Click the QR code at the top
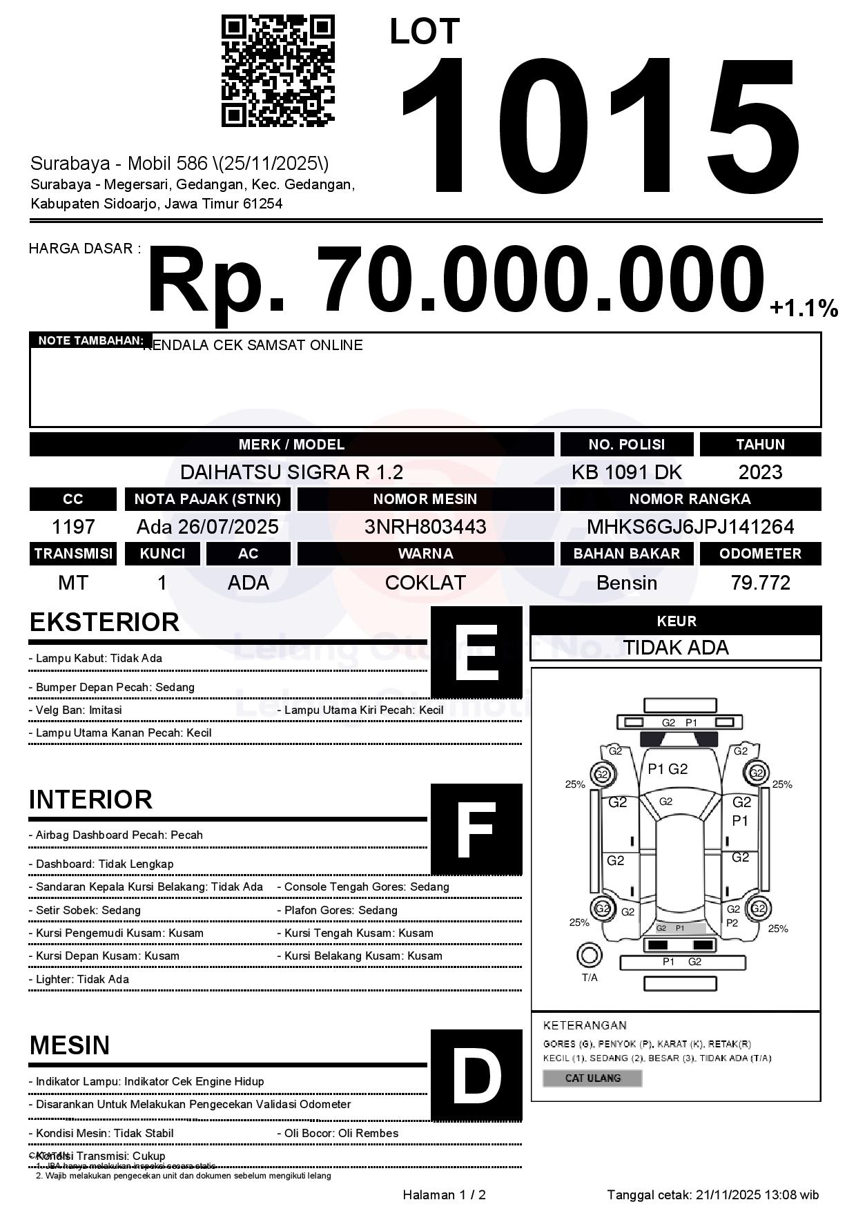(278, 72)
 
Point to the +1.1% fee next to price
(804, 308)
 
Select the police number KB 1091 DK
(626, 472)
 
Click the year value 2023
(760, 472)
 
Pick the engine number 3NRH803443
(425, 527)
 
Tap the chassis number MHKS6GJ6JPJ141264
(690, 527)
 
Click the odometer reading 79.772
(760, 583)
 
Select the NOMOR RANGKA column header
(690, 498)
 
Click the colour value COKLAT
(425, 583)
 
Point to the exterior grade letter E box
(476, 652)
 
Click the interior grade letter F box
(476, 829)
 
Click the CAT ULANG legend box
(592, 1078)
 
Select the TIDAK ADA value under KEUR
(676, 648)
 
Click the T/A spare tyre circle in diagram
(589, 956)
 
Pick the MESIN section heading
(70, 1045)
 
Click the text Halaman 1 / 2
(444, 1195)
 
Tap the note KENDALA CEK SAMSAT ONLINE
(253, 345)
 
